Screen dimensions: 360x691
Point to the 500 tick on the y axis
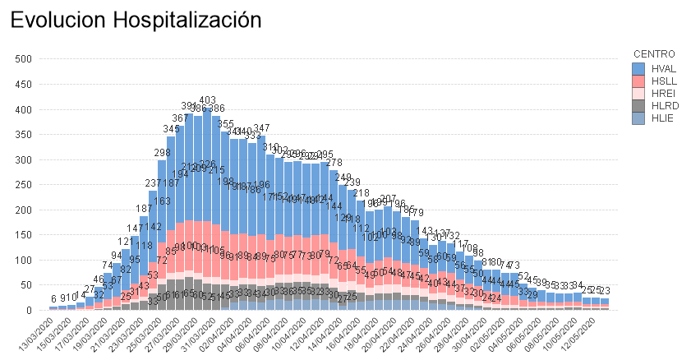pos(23,58)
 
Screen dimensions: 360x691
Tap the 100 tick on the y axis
pos(23,261)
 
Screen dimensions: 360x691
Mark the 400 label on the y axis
pos(23,109)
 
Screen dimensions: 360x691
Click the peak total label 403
pos(208,100)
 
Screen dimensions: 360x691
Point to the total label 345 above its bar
pos(171,129)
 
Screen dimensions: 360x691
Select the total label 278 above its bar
pos(334,163)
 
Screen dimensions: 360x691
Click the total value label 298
pos(162,153)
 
